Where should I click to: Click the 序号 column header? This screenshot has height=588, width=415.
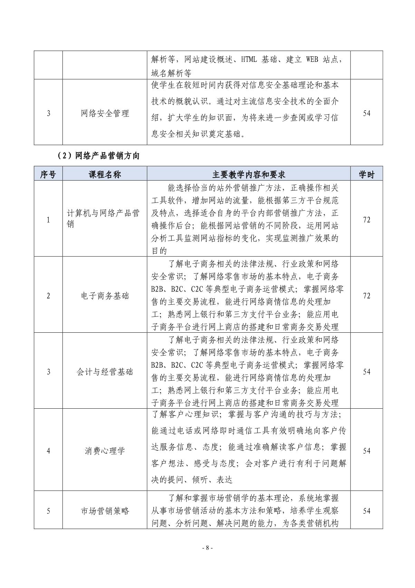point(48,174)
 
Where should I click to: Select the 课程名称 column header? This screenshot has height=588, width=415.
point(105,174)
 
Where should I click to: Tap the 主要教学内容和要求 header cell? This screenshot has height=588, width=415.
point(249,174)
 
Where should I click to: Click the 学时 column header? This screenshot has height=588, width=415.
point(366,174)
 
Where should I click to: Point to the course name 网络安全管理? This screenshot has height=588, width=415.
point(105,113)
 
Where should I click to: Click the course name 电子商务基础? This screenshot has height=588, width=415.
point(105,296)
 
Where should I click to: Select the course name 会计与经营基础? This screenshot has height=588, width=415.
point(105,372)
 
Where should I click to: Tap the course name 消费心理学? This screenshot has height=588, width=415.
point(105,451)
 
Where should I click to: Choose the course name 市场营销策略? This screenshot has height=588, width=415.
point(105,511)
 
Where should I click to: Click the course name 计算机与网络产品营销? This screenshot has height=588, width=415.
point(103,219)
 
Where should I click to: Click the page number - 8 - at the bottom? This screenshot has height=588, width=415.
point(207,548)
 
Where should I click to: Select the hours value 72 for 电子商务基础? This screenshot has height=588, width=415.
point(367,296)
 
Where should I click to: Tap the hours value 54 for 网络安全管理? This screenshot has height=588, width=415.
point(367,113)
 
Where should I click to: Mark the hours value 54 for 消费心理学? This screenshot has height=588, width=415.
point(367,451)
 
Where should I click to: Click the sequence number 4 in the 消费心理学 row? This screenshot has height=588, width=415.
point(48,451)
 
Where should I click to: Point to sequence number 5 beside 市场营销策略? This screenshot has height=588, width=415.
point(48,511)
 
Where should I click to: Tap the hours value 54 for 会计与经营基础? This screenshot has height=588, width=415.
point(367,372)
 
